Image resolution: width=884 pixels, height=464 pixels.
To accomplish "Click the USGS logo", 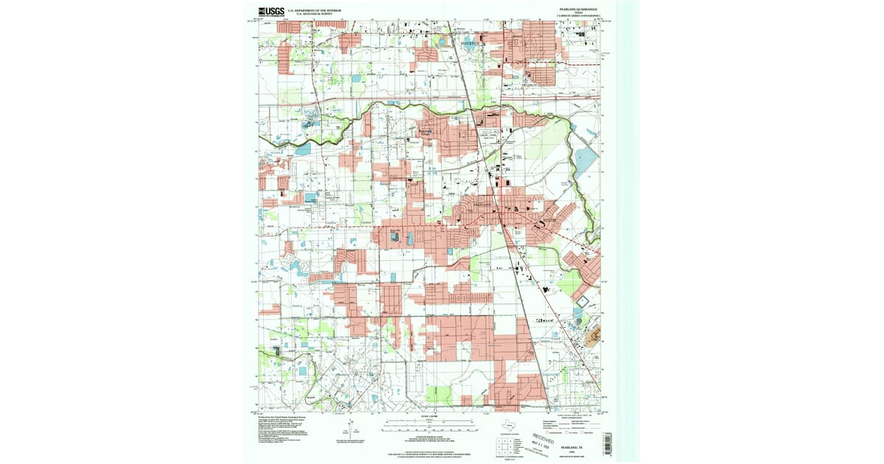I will pyautogui.click(x=270, y=11).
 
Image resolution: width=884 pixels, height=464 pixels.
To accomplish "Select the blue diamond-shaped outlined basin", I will pyautogui.click(x=582, y=301).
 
